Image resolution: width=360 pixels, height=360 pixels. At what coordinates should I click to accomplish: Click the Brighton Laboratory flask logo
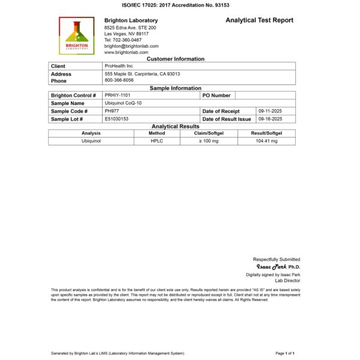point(76,35)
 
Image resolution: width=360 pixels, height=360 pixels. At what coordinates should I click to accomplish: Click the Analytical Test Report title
point(259,20)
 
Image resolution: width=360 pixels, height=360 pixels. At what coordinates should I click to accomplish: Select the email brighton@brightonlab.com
point(131,46)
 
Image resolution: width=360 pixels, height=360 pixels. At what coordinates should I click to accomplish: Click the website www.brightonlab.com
point(126,52)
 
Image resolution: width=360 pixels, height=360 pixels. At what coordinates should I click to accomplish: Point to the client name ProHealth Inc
point(118,66)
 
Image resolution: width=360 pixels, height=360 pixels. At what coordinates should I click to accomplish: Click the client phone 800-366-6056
point(119,80)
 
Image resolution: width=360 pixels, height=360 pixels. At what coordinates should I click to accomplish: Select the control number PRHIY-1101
point(118,95)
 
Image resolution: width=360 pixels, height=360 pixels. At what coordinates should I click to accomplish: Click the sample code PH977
point(112,111)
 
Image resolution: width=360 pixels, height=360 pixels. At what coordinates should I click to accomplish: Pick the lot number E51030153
point(116,119)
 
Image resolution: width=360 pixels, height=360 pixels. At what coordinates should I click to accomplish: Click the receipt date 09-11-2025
point(269,111)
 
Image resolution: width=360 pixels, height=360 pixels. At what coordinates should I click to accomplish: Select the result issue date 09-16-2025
point(269,119)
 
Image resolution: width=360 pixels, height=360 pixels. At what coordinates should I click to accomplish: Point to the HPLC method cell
point(156,141)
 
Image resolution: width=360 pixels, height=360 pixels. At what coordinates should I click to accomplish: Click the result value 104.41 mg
point(266,141)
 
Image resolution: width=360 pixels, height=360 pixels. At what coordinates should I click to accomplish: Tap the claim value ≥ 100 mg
point(209,141)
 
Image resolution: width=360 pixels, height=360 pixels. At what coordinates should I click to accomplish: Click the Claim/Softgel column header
point(209,133)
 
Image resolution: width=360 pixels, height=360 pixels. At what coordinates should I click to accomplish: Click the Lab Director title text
point(287,280)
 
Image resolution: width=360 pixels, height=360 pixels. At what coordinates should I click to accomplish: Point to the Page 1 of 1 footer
point(284,353)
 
